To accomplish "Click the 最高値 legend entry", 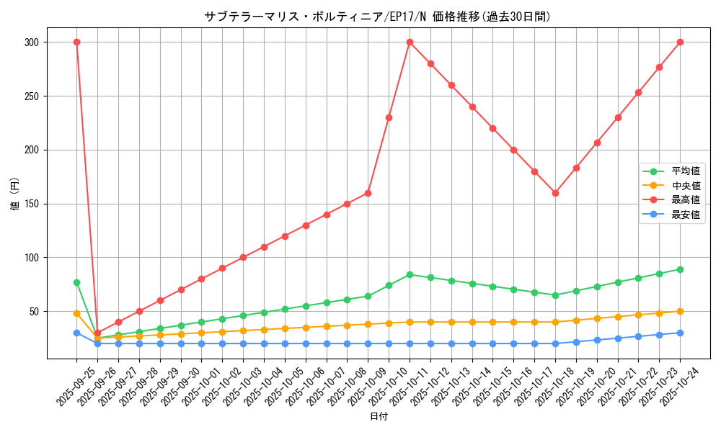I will [x=685, y=200].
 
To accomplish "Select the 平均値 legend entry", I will [x=685, y=171].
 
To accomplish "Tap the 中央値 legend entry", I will [x=685, y=186].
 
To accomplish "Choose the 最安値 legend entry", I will [x=685, y=215].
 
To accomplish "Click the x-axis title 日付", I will [x=379, y=417].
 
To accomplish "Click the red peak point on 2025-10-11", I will [x=410, y=42].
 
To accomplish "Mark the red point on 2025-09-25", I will [x=76, y=42].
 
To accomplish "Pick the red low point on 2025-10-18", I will [x=555, y=193].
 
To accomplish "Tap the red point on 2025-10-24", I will [x=680, y=42].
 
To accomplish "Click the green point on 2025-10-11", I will [x=410, y=274].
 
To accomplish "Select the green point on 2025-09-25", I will [x=76, y=282].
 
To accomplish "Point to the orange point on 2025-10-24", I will [x=680, y=311].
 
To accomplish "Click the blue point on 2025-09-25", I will [x=76, y=333].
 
